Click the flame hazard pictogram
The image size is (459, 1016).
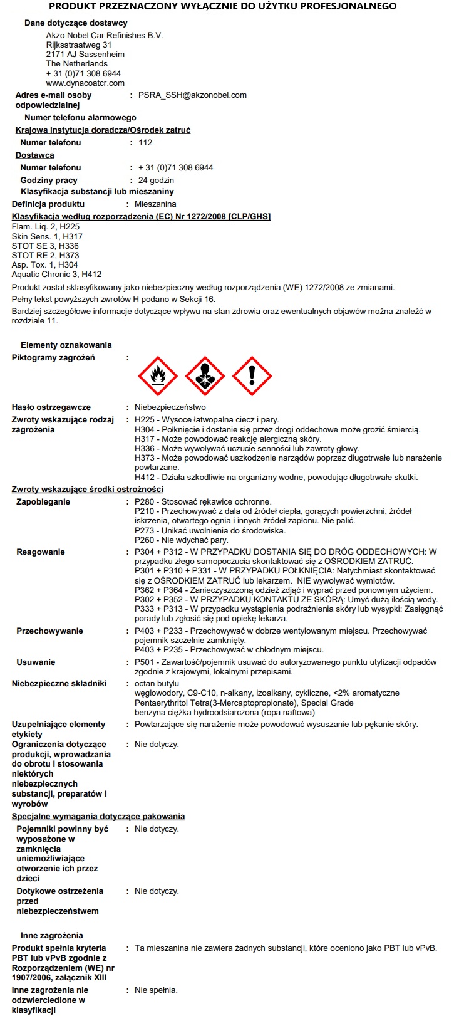point(158,377)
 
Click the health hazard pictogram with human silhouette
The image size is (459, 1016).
point(205,377)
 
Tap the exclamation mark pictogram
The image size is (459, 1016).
point(252,377)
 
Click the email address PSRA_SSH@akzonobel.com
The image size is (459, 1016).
point(192,95)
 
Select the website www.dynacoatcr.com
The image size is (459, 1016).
point(85,83)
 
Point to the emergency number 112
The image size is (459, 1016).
point(145,143)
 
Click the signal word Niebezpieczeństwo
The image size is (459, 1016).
point(170,407)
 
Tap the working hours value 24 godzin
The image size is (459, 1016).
point(156,181)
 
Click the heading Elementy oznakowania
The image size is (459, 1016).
point(66,345)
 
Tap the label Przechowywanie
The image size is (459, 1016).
point(49,631)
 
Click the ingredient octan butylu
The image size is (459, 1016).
point(157,684)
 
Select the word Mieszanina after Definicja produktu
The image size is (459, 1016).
point(155,204)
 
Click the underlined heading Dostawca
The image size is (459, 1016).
point(35,155)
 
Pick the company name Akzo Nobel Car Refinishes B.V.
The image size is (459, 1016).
point(105,36)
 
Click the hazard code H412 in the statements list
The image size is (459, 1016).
point(145,478)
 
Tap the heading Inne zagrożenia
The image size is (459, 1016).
point(52,936)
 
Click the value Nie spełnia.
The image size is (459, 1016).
point(156,990)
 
